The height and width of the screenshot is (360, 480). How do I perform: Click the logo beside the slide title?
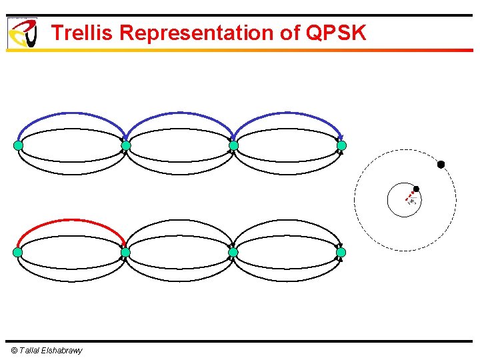click(22, 33)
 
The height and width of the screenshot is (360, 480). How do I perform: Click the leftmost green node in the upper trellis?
click(18, 145)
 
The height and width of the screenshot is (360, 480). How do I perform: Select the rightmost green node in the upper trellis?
click(341, 145)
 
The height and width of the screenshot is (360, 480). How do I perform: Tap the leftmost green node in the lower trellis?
click(18, 253)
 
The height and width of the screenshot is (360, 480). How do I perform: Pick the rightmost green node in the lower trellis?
click(341, 253)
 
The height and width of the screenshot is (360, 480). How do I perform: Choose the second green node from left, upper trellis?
click(126, 145)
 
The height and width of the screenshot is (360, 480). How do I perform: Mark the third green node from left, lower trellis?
click(233, 253)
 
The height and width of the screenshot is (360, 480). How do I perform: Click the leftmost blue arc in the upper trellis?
click(71, 114)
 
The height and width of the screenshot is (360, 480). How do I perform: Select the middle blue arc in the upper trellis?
click(179, 114)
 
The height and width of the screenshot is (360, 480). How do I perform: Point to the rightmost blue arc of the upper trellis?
click(287, 114)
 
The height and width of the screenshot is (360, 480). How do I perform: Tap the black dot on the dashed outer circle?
click(441, 164)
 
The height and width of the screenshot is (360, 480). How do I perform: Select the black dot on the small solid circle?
click(416, 189)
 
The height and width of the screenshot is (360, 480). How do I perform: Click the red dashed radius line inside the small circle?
click(411, 194)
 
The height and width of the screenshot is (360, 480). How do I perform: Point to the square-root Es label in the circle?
click(413, 201)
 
